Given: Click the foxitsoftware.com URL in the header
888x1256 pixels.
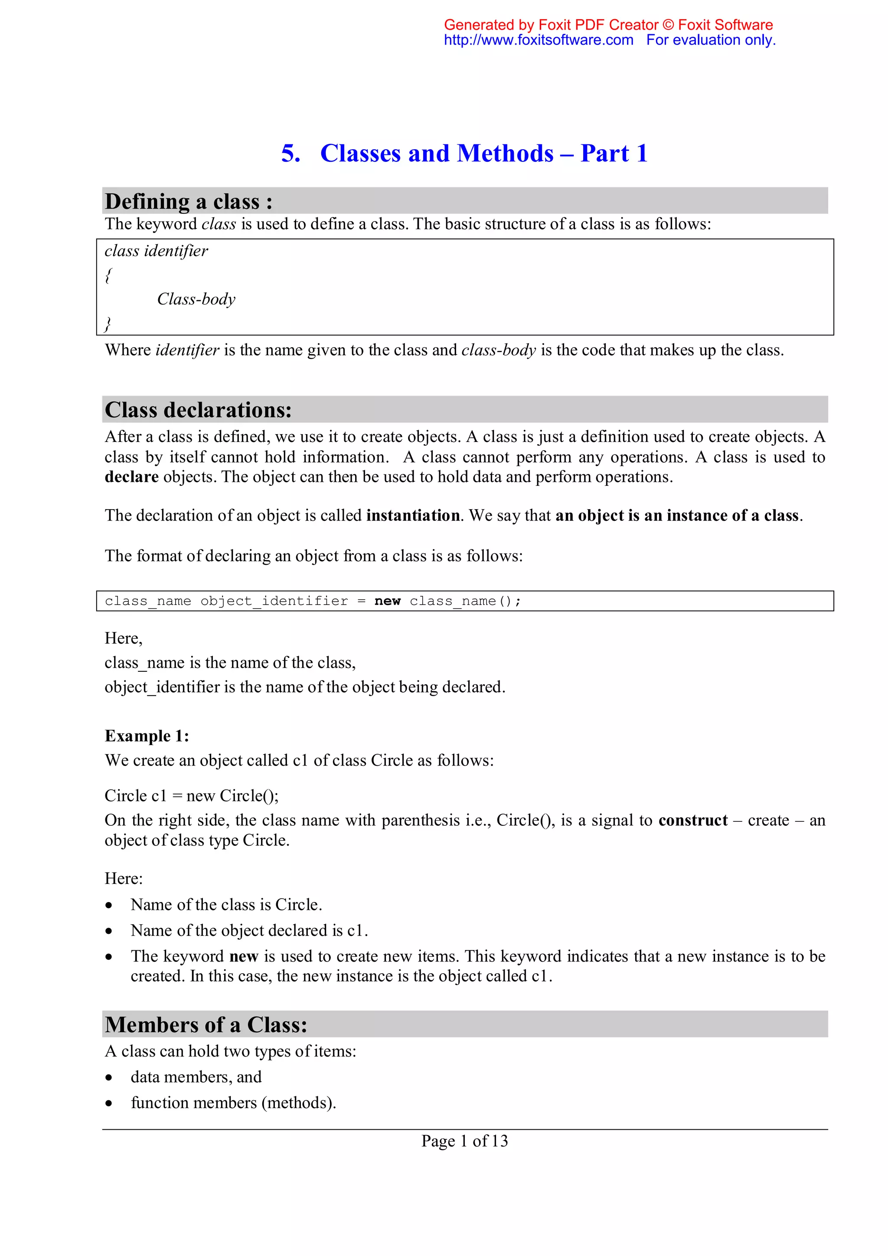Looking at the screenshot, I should (x=538, y=40).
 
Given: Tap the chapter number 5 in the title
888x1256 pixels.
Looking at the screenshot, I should (x=291, y=153).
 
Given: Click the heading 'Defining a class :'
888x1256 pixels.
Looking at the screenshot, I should (x=189, y=201).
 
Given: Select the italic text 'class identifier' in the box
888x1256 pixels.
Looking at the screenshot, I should (x=157, y=251).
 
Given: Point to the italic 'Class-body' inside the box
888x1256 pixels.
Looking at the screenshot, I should (x=196, y=299).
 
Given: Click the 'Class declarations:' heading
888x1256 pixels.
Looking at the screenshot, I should (x=198, y=410).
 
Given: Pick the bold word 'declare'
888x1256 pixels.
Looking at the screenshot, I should (x=131, y=477).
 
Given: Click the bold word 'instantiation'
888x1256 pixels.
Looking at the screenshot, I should (x=413, y=515).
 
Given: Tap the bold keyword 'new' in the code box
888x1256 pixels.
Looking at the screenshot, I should (x=387, y=601).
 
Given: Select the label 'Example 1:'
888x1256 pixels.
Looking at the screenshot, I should (x=147, y=736).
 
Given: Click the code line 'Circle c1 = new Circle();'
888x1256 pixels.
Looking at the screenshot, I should (x=191, y=795).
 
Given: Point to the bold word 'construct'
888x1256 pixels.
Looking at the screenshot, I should (x=693, y=820).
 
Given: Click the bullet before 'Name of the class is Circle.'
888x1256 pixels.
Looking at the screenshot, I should (x=109, y=905).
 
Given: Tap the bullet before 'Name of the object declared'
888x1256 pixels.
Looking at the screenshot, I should (x=109, y=931).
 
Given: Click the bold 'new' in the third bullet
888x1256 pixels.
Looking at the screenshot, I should (x=243, y=956).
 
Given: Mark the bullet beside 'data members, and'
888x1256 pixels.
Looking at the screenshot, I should (x=109, y=1078).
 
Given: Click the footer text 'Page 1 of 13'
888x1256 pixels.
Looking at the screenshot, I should (x=464, y=1141).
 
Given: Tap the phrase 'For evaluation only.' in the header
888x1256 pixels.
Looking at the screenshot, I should (x=711, y=40).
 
